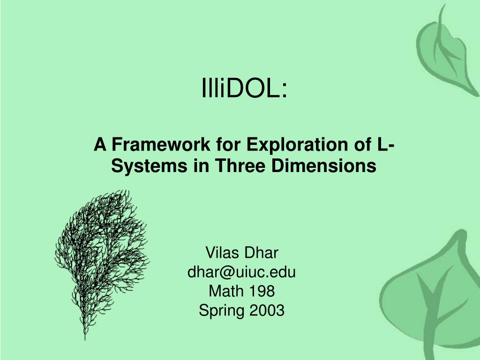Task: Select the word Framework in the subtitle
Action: [161, 144]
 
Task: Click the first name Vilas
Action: [222, 253]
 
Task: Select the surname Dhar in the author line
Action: [261, 253]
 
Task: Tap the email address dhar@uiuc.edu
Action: [241, 272]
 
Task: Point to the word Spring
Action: [221, 310]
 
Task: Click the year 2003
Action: [267, 310]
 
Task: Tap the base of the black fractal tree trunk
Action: [85, 339]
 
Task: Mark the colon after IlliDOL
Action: [285, 90]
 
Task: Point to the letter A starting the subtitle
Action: [100, 144]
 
